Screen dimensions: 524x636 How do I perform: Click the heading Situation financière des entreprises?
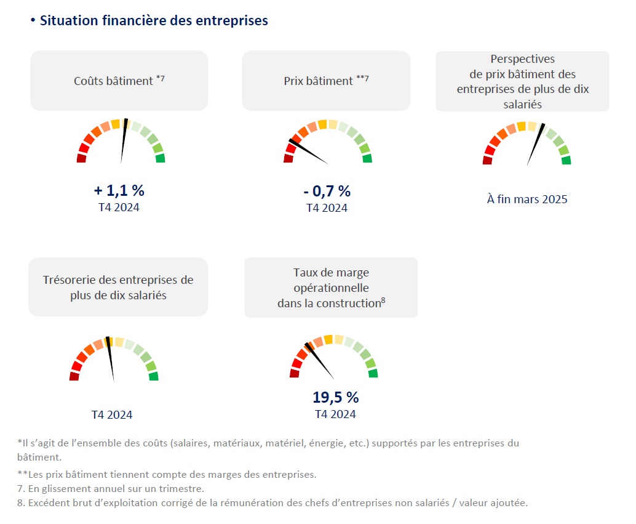pyautogui.click(x=153, y=20)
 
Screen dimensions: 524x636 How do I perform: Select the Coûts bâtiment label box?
pyautogui.click(x=119, y=81)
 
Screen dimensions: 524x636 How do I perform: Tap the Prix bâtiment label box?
pyautogui.click(x=325, y=81)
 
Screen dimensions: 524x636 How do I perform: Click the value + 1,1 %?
pyautogui.click(x=119, y=190)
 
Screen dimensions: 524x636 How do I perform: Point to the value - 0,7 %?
pyautogui.click(x=327, y=191)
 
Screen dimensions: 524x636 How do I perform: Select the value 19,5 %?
pyautogui.click(x=335, y=397)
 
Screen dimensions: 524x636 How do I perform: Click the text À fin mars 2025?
pyautogui.click(x=527, y=199)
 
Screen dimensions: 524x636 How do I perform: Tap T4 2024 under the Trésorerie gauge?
pyautogui.click(x=112, y=414)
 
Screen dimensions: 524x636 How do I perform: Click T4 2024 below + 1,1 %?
pyautogui.click(x=119, y=207)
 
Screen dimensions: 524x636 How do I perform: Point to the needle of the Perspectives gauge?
pyautogui.click(x=535, y=145)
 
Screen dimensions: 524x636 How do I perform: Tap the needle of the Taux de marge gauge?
pyautogui.click(x=319, y=361)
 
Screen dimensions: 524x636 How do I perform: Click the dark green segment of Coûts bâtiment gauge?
pyautogui.click(x=161, y=158)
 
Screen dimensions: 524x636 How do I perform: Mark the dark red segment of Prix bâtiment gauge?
pyautogui.click(x=288, y=159)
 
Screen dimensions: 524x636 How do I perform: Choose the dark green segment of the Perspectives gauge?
pyautogui.click(x=566, y=160)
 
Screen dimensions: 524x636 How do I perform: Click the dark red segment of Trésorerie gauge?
pyautogui.click(x=74, y=376)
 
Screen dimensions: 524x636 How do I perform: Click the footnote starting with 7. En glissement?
pyautogui.click(x=111, y=489)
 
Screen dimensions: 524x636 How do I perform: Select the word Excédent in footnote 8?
pyautogui.click(x=51, y=502)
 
